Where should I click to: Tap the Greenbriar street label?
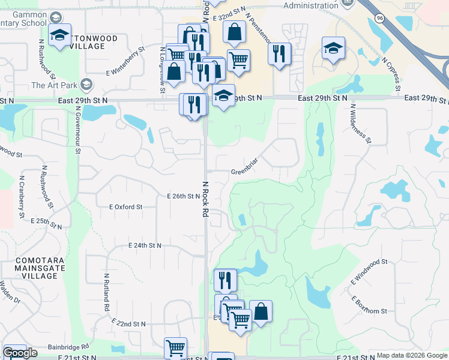click(x=244, y=172)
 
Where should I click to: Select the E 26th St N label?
click(x=183, y=196)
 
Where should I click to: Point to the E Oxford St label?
click(x=125, y=206)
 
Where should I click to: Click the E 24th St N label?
click(x=145, y=245)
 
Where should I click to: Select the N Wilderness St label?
click(x=360, y=125)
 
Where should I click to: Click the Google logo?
click(x=20, y=353)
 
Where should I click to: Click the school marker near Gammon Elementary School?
click(x=59, y=35)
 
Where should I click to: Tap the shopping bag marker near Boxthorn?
click(x=261, y=312)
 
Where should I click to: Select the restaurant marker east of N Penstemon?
click(x=279, y=55)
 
